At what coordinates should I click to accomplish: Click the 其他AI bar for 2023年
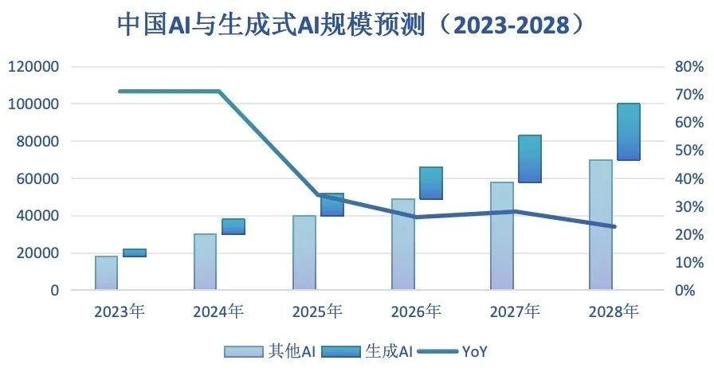coord(106,273)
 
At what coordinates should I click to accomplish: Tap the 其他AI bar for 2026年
coord(403,245)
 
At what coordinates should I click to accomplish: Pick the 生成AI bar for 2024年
coord(233,226)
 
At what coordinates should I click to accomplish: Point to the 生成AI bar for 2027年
coord(530,159)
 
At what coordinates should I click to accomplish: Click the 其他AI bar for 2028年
coord(601,225)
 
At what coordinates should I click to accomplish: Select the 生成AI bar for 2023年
coord(135,253)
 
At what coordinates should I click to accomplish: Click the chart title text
coord(356,25)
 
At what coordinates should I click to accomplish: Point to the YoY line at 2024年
coord(219,92)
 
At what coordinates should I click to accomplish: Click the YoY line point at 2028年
coord(614,227)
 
